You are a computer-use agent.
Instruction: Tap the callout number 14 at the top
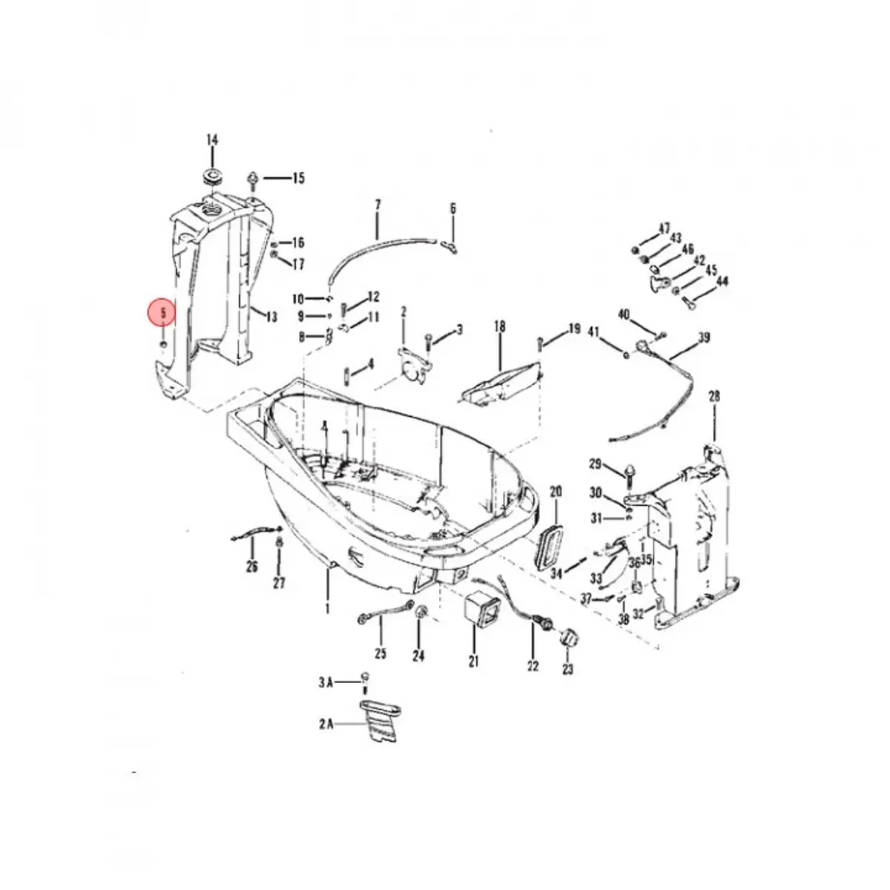tap(212, 139)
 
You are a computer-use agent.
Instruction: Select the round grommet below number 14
tap(213, 178)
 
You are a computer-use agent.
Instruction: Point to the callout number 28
tap(714, 397)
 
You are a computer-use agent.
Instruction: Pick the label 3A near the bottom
tap(326, 683)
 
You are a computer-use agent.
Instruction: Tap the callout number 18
tap(499, 326)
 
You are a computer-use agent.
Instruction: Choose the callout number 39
tap(704, 338)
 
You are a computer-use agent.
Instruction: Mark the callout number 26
tap(252, 567)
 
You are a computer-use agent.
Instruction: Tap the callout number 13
tap(271, 317)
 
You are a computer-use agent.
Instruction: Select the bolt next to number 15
tap(253, 178)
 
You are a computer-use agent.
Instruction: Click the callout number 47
tap(664, 228)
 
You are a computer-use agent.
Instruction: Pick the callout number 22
tap(533, 666)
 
